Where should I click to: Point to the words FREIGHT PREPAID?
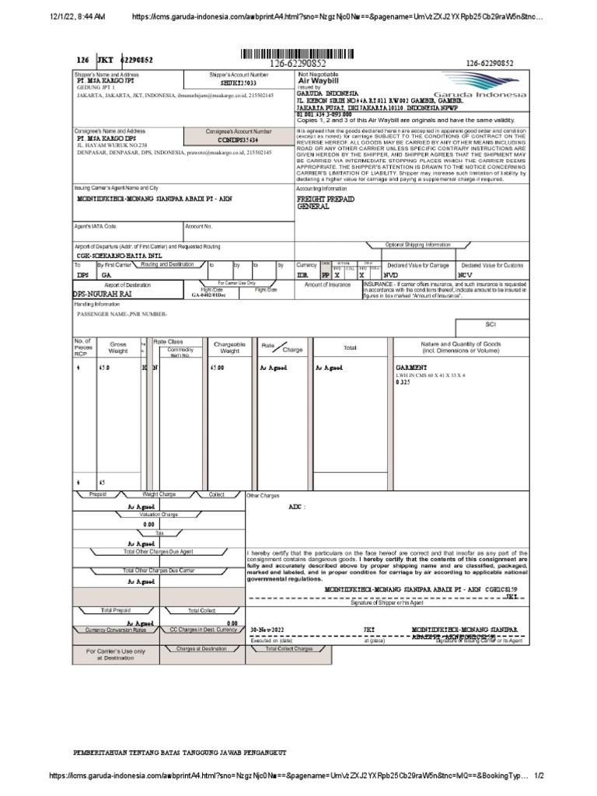[x=326, y=199]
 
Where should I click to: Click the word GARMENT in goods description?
[x=411, y=366]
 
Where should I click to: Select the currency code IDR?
[x=302, y=275]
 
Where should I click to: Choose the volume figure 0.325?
[x=403, y=383]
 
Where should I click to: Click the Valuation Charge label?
[x=159, y=515]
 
